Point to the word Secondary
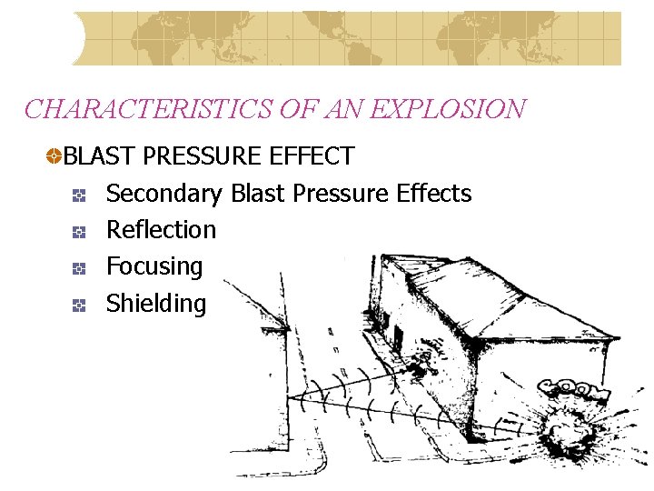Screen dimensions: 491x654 163,194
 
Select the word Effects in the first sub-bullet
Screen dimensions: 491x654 434,194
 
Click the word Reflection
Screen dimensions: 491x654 161,230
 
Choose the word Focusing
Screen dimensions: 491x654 154,266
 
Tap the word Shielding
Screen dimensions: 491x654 156,303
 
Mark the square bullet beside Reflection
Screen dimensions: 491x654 79,231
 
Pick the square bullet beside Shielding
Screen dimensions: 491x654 79,306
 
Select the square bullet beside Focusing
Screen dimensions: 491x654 79,268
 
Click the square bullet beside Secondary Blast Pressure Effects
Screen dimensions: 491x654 79,195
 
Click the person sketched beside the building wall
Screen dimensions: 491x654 421,366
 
